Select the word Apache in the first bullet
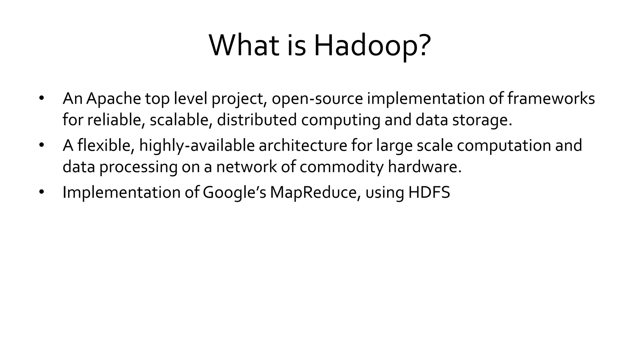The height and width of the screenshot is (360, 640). coord(113,99)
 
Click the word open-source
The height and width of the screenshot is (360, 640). coord(317,99)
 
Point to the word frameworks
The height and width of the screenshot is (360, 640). coord(551,99)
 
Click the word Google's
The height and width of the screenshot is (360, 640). coord(234,192)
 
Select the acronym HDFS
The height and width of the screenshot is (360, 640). coord(429,192)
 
